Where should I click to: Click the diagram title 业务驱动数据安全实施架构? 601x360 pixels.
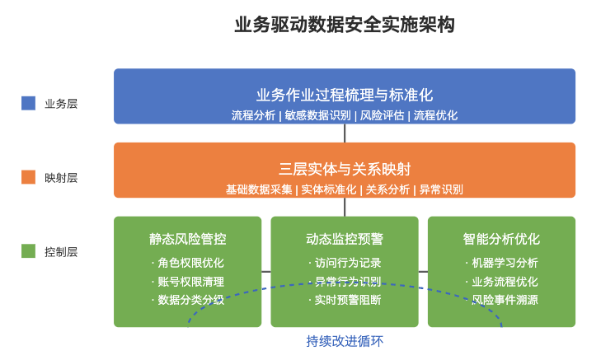click(345, 25)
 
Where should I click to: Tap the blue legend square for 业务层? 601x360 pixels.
click(28, 104)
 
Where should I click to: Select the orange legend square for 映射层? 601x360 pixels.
click(28, 177)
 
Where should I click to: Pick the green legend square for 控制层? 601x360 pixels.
click(28, 251)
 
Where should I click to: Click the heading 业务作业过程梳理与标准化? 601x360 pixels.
click(345, 95)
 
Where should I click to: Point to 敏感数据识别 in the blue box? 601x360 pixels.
click(317, 115)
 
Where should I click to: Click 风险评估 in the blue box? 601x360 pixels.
click(382, 115)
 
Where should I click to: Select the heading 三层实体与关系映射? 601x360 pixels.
click(345, 169)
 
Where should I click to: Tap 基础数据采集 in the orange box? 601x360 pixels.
click(259, 189)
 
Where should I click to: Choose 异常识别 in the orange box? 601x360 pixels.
click(441, 189)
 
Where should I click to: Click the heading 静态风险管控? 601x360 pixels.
click(187, 239)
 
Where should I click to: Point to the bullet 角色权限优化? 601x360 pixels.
click(190, 263)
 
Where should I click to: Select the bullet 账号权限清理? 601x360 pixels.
click(190, 282)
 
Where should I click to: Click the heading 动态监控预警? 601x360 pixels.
click(345, 239)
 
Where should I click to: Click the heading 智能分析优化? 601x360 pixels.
click(501, 239)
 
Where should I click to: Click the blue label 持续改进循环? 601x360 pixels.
click(345, 341)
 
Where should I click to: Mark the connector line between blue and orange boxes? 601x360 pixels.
click(345, 133)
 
